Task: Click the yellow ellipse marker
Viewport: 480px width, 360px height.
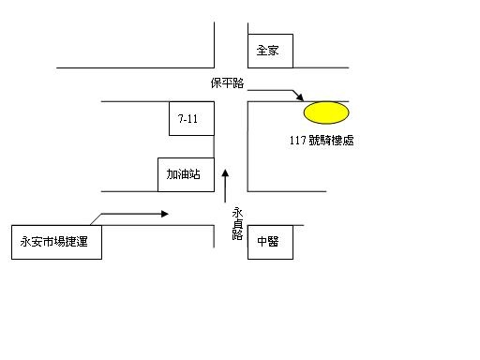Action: (326, 112)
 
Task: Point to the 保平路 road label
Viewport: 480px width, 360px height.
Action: (227, 83)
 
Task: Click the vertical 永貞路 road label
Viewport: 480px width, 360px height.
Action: (237, 224)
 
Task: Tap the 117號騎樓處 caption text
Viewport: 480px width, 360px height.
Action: (322, 141)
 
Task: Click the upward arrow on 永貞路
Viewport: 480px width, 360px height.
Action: (225, 186)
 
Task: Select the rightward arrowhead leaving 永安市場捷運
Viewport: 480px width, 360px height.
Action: (165, 214)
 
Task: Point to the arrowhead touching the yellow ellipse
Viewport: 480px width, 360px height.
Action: (299, 97)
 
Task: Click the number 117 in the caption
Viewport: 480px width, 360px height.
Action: (297, 141)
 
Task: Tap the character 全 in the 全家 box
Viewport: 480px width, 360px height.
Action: (262, 51)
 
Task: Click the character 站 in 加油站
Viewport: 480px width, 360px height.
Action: (194, 174)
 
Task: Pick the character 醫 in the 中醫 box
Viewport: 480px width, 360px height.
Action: (273, 242)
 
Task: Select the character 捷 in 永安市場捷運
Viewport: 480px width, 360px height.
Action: (70, 242)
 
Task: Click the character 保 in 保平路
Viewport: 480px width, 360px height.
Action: (216, 83)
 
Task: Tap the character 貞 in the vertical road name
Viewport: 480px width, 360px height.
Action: (237, 224)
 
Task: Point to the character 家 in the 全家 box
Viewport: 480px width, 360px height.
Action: (273, 51)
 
